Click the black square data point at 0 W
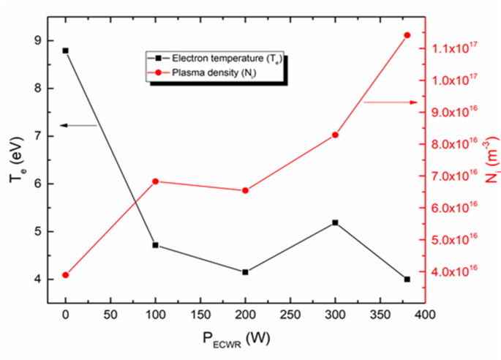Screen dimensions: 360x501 tap(65, 50)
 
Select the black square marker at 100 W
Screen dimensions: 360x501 tap(155, 245)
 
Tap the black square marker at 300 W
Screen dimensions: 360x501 tap(335, 222)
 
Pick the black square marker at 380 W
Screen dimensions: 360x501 tap(407, 280)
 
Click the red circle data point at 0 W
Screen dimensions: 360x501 tap(65, 275)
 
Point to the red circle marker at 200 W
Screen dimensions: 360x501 tap(245, 191)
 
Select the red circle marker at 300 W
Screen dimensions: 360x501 tap(335, 135)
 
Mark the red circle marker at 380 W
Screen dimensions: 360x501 tap(407, 35)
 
